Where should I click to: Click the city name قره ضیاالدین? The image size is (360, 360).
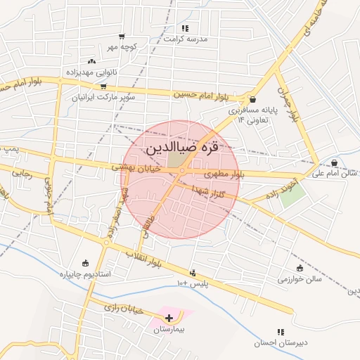[x=181, y=150]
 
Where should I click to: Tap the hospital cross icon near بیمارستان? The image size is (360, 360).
[x=168, y=318]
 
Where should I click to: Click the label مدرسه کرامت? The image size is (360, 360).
[x=186, y=39]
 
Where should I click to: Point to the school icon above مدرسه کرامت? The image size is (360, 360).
[x=185, y=28]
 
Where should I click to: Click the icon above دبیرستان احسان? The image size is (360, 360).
[x=281, y=332]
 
